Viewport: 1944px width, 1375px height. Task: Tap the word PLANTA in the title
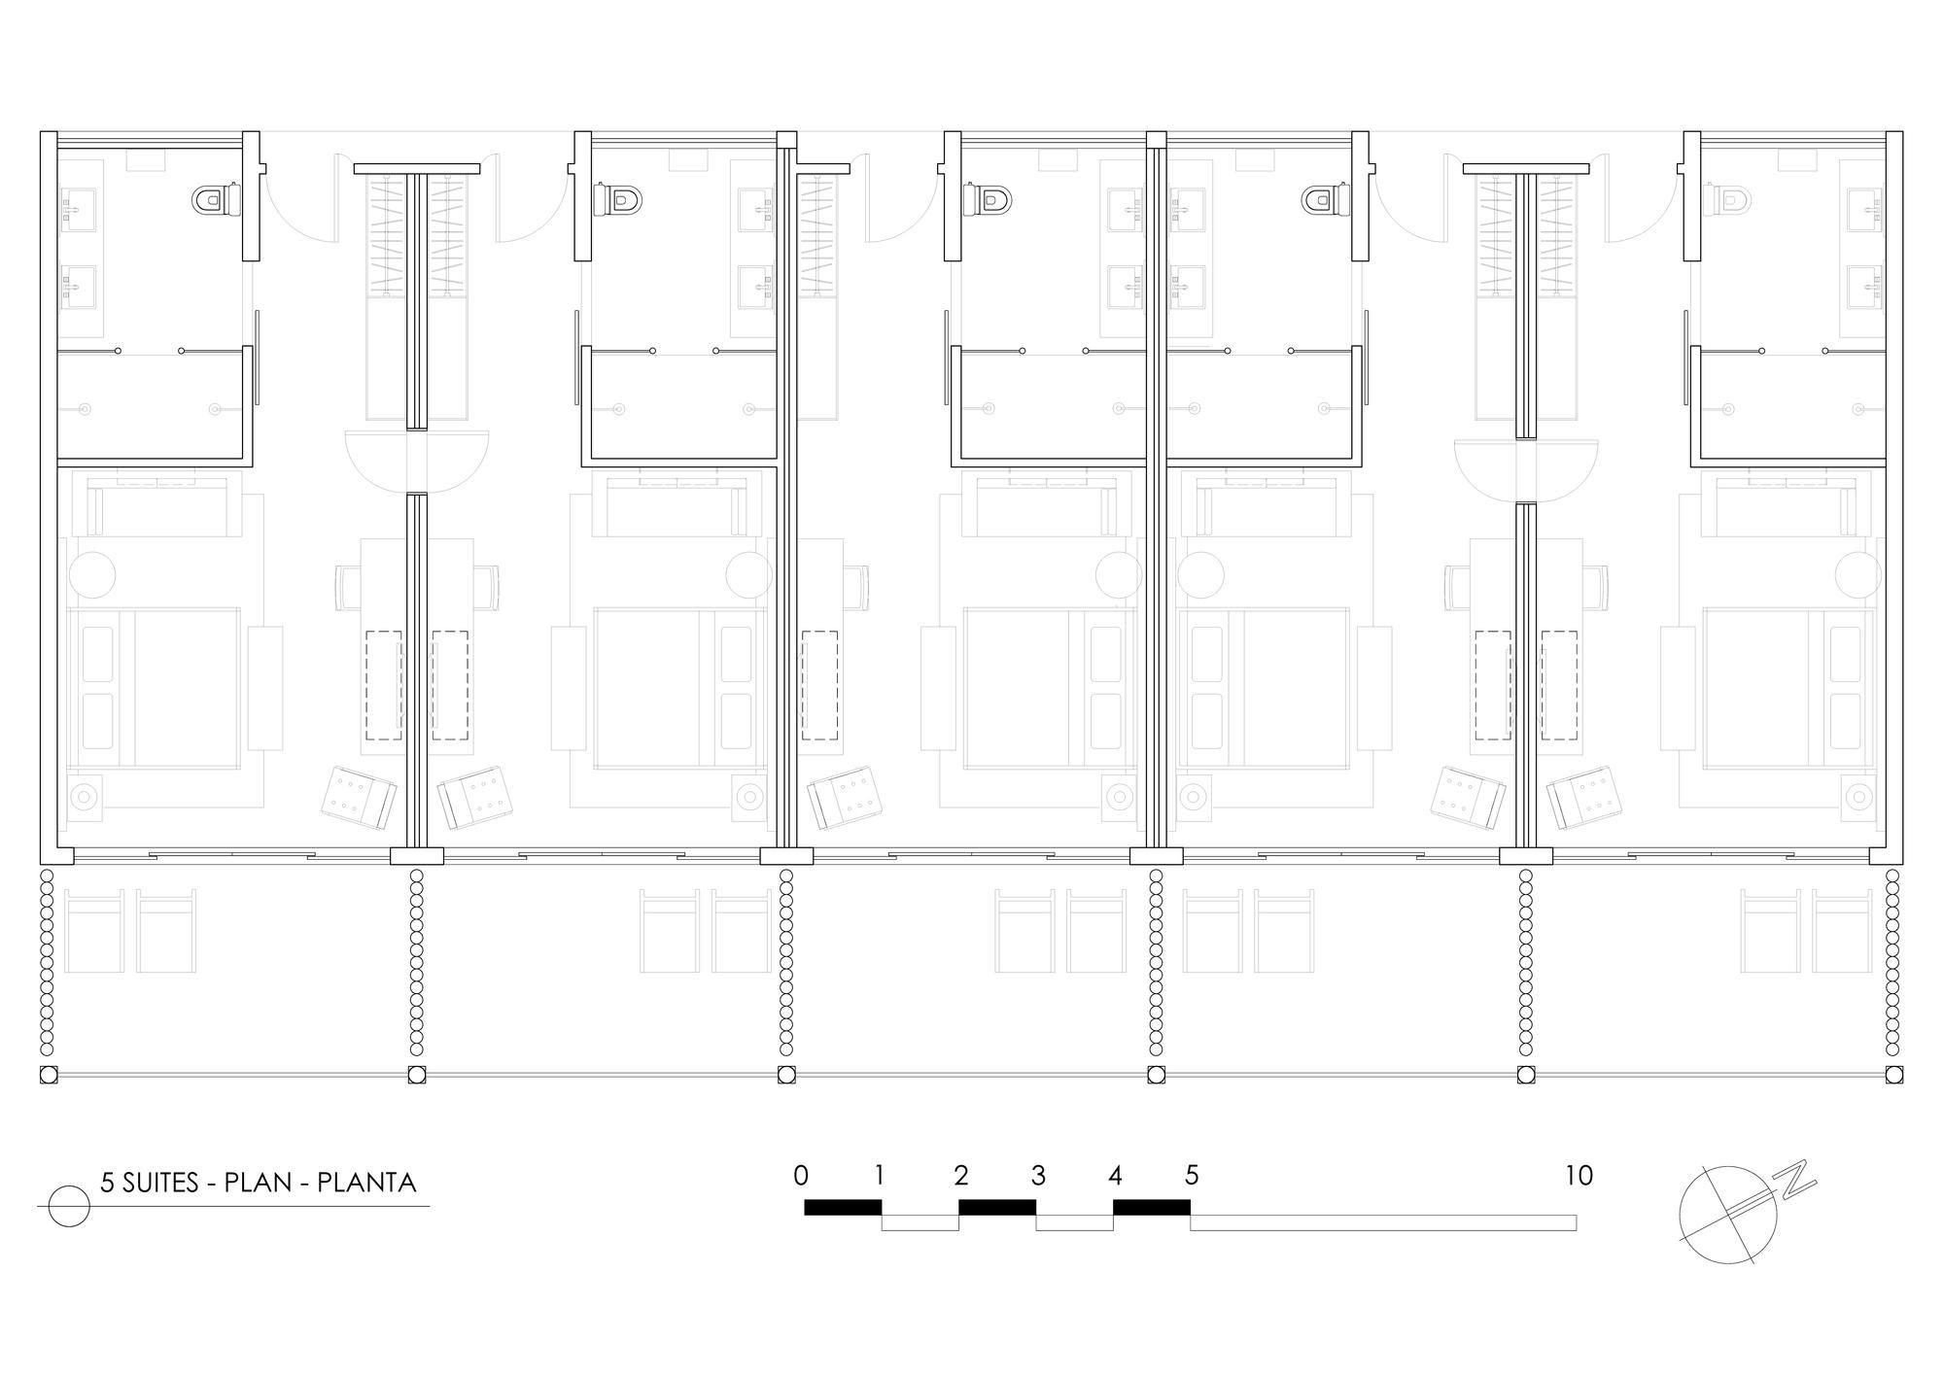pos(367,1183)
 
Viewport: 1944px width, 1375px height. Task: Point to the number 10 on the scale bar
pos(1579,1176)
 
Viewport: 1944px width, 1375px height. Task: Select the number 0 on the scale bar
pos(801,1176)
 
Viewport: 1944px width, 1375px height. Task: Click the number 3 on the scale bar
pos(1038,1176)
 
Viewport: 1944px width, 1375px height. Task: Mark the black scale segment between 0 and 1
pos(843,1207)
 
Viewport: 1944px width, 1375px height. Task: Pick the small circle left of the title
pos(69,1206)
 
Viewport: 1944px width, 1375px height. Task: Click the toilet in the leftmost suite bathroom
pos(217,201)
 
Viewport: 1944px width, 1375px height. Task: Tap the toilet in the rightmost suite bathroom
pos(1726,201)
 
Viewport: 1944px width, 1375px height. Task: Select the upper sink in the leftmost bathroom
pos(79,210)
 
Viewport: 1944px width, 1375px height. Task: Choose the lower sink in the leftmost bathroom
pos(79,287)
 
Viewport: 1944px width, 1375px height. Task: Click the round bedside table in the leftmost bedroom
pos(91,575)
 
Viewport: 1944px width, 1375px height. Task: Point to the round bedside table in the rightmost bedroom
pos(1858,575)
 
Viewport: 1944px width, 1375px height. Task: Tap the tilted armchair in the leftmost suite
pos(359,797)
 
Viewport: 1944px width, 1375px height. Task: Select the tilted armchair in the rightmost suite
pos(1584,797)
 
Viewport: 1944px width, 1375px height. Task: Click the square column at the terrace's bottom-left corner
pos(49,1075)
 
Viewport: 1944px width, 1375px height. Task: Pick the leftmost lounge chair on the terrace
pos(94,930)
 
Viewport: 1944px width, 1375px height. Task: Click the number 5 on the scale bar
pos(1192,1176)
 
